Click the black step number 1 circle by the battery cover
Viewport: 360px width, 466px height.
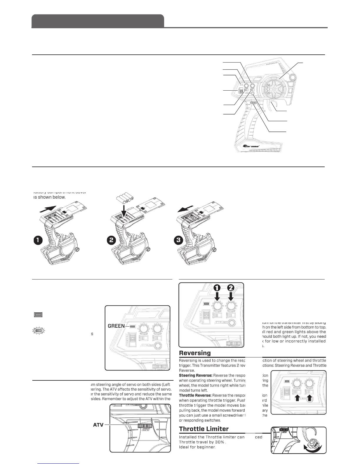click(x=37, y=240)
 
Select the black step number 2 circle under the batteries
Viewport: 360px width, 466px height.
click(x=111, y=240)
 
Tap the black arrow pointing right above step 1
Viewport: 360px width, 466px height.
click(x=47, y=210)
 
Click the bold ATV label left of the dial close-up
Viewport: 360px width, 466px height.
click(x=98, y=425)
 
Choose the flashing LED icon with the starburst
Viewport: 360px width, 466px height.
click(x=37, y=331)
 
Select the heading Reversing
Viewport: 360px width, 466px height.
click(x=195, y=353)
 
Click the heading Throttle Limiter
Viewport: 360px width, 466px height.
click(x=204, y=429)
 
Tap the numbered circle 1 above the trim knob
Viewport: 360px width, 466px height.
click(x=217, y=287)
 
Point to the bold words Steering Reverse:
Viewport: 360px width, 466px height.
click(x=195, y=376)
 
